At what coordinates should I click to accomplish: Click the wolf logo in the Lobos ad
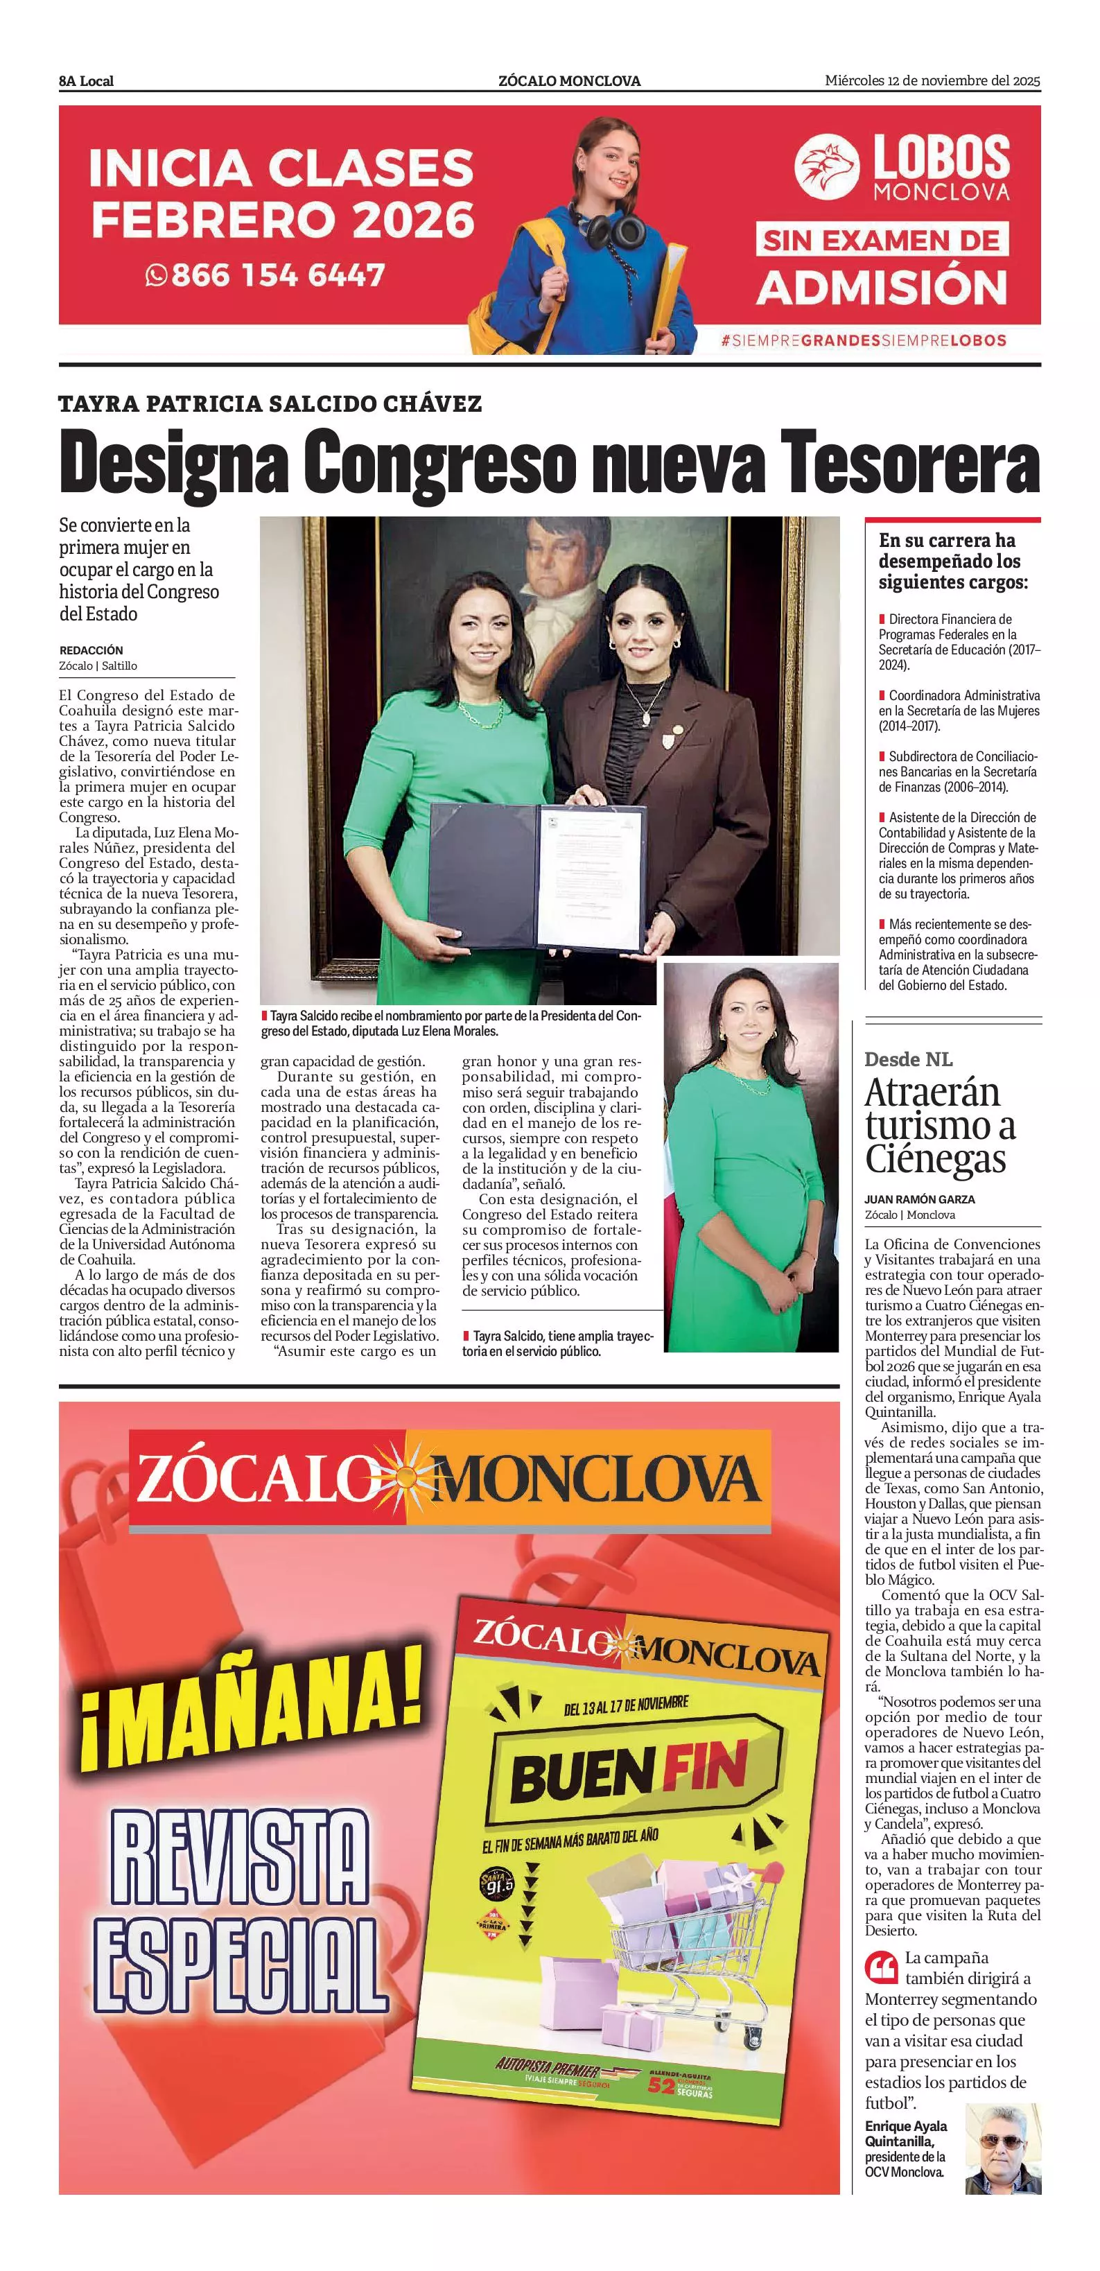pyautogui.click(x=827, y=166)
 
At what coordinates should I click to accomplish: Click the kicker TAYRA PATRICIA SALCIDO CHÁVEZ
pyautogui.click(x=270, y=403)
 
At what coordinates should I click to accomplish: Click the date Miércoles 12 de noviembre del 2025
pyautogui.click(x=932, y=80)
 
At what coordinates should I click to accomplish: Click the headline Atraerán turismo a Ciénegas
pyautogui.click(x=939, y=1125)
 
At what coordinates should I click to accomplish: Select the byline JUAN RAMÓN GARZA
pyautogui.click(x=919, y=1199)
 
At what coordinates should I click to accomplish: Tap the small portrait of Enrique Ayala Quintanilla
pyautogui.click(x=1003, y=2148)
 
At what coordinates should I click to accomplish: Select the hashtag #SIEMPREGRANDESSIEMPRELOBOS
pyautogui.click(x=863, y=340)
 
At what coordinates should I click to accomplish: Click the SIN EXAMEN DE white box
pyautogui.click(x=882, y=240)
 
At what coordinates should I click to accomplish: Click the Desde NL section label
pyautogui.click(x=908, y=1059)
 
